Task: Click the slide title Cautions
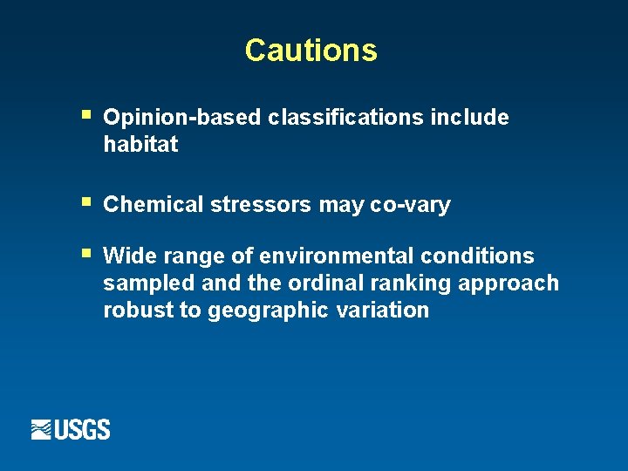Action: point(311,51)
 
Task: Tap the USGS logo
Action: point(71,429)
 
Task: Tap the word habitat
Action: point(140,145)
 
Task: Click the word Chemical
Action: point(154,205)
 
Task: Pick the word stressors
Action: point(261,205)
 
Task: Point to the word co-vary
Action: point(410,206)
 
